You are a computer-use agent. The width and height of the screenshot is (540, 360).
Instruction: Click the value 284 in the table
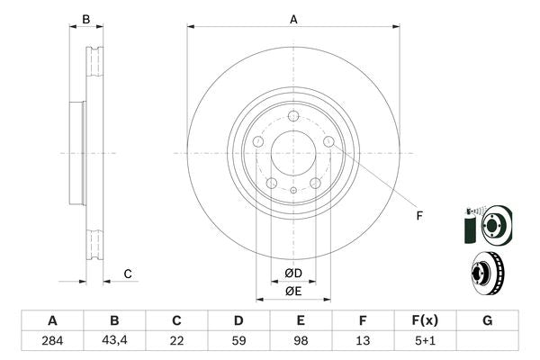(52, 341)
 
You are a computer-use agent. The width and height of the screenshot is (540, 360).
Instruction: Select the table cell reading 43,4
(114, 341)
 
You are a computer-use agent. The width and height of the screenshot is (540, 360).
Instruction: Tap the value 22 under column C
(176, 341)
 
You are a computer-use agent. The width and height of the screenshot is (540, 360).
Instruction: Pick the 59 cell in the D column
(238, 341)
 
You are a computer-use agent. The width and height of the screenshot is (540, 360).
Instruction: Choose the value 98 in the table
(301, 341)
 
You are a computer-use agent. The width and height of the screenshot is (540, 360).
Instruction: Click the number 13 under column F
(363, 341)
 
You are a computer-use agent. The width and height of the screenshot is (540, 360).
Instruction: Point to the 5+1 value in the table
(425, 341)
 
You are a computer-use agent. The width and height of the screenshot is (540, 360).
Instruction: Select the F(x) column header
(425, 320)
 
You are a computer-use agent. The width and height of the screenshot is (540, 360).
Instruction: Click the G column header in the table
(487, 320)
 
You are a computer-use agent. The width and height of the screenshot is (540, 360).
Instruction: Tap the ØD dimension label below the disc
(293, 274)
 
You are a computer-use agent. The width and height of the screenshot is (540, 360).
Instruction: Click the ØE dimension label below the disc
(293, 291)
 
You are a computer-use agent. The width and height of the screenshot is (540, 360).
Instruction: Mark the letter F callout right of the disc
(418, 214)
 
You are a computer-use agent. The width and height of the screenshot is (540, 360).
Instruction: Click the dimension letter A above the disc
(293, 18)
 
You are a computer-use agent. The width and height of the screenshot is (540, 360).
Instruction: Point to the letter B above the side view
(86, 19)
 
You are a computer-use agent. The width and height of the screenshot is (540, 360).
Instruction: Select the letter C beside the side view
(128, 274)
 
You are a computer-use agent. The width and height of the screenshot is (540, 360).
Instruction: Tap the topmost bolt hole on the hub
(293, 114)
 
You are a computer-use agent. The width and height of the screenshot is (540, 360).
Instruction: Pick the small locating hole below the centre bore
(293, 189)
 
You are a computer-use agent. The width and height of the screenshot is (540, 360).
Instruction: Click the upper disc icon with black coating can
(486, 222)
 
